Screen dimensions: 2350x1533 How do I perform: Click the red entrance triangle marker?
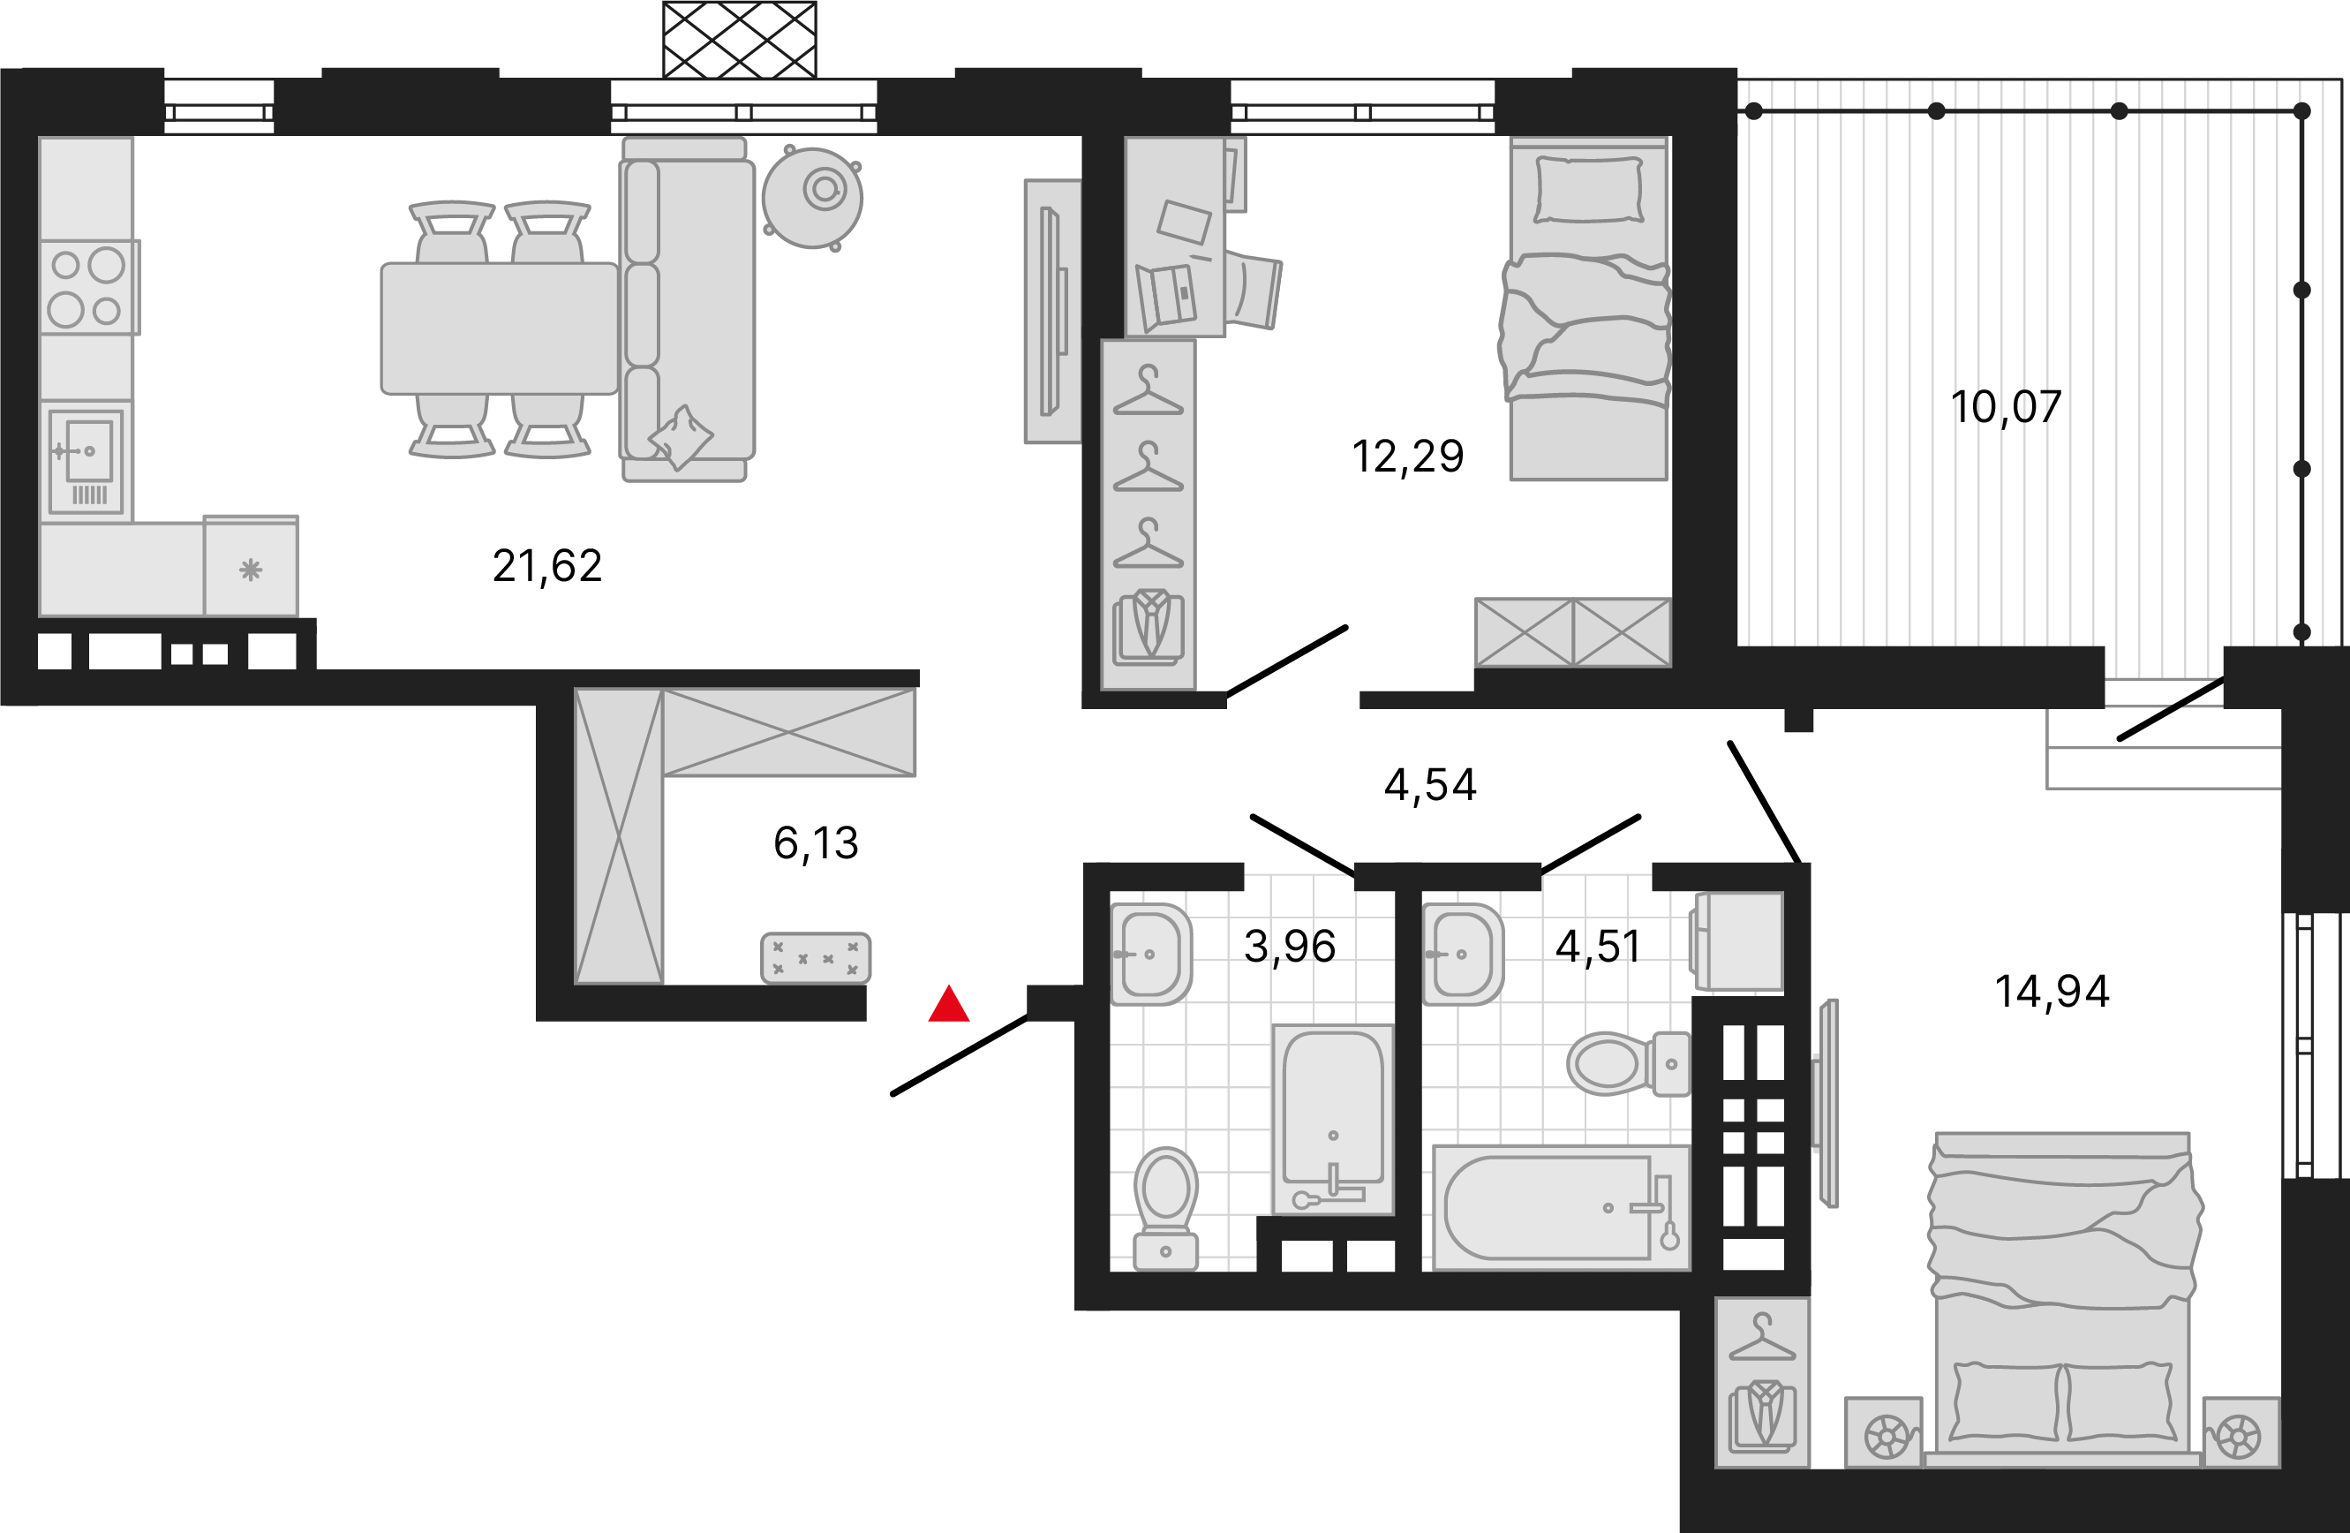(949, 1005)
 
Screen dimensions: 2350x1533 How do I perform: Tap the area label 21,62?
(547, 567)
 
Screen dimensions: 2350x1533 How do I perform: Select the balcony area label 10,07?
(2007, 408)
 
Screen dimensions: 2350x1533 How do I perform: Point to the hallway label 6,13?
(816, 843)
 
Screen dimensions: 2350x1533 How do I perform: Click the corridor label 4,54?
(1430, 785)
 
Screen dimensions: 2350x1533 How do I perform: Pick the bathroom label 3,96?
(1290, 947)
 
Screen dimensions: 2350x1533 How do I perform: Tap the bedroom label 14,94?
(2052, 992)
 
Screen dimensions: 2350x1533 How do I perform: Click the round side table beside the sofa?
(811, 199)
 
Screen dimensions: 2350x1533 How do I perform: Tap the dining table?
(500, 328)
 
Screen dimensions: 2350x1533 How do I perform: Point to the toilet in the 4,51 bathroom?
(1627, 1064)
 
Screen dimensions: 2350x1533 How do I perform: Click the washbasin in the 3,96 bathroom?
(1150, 955)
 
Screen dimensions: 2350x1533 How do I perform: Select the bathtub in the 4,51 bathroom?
(1561, 1207)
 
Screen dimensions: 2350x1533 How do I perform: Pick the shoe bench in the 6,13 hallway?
(816, 958)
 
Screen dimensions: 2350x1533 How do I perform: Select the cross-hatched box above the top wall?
(740, 40)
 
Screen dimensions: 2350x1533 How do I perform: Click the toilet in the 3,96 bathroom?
(1165, 1208)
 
